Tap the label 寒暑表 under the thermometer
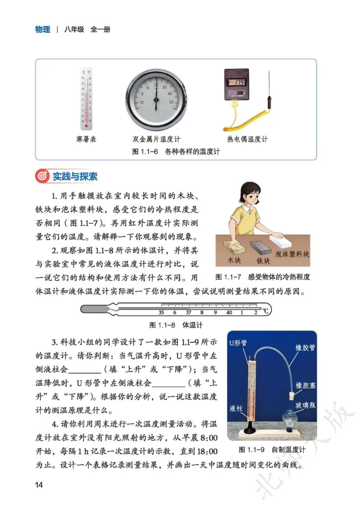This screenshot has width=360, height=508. pos(86,139)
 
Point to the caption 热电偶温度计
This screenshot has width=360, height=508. pos(247,139)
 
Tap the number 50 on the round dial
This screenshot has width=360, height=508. pos(171,102)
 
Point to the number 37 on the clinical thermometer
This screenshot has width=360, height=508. pos(188,312)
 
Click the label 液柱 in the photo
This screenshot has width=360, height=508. pos(236,408)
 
